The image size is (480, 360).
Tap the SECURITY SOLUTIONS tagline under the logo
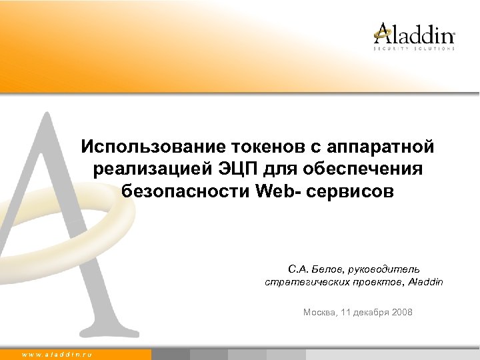tap(414, 49)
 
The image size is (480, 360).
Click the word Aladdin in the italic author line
tap(426, 282)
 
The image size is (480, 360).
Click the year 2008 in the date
tap(403, 311)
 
